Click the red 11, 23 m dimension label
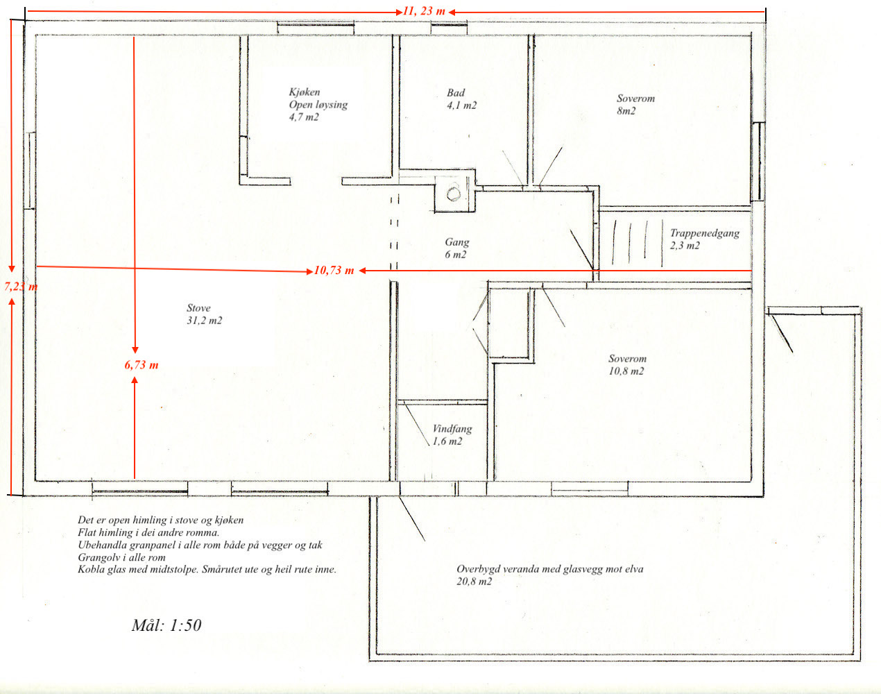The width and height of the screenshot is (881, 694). pos(424,11)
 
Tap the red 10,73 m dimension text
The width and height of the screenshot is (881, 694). pos(334,271)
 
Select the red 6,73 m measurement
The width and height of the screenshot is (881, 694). pos(142,364)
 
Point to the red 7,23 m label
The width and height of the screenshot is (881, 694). pos(21,286)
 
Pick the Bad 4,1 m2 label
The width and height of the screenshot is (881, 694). pos(461,99)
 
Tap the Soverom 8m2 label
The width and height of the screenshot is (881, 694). pos(635,105)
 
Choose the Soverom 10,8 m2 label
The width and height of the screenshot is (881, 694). pos(627,364)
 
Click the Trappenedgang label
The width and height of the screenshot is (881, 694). pos(705,233)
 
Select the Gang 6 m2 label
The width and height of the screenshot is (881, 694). pos(457,248)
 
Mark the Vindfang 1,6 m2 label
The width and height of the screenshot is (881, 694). pos(452,434)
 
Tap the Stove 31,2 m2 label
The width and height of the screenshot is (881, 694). pos(204,314)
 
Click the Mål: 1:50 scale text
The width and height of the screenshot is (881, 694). pos(166,625)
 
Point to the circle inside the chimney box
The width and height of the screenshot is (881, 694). pos(454,194)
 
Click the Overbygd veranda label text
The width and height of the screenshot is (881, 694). pos(550,569)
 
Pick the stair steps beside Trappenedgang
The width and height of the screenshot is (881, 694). pos(638,242)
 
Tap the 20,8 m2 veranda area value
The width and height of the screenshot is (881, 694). pos(474,582)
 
